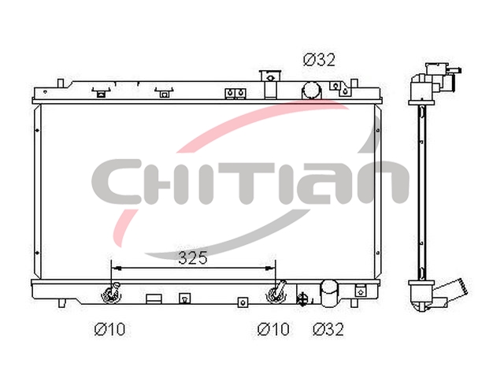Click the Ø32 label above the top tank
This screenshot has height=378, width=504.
click(319, 60)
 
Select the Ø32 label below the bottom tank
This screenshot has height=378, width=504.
click(328, 329)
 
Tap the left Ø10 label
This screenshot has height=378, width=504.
click(109, 329)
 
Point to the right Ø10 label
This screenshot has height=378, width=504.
click(273, 329)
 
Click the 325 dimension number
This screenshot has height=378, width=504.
click(193, 258)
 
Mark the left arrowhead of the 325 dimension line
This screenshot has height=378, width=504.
click(116, 269)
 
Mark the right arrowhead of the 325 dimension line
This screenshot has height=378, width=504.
click(270, 269)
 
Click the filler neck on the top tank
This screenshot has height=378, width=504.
click(271, 84)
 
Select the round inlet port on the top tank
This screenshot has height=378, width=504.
click(311, 90)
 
